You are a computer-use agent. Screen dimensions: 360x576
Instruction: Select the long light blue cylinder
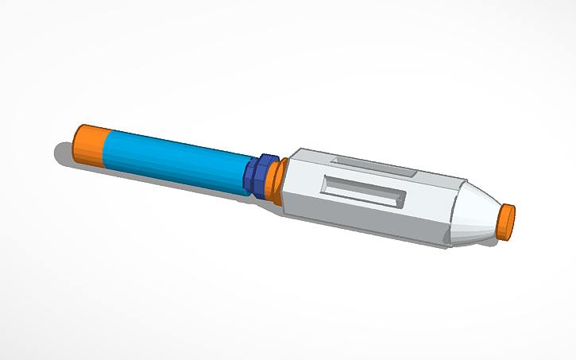(175, 162)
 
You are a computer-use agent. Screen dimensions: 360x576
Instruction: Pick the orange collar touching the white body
(275, 180)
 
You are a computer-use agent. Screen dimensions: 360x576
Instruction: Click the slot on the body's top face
(371, 168)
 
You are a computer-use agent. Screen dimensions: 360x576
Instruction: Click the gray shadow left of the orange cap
(64, 153)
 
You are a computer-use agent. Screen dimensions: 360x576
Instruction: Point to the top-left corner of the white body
(296, 149)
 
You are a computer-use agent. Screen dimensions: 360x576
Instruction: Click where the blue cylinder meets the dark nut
(246, 175)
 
